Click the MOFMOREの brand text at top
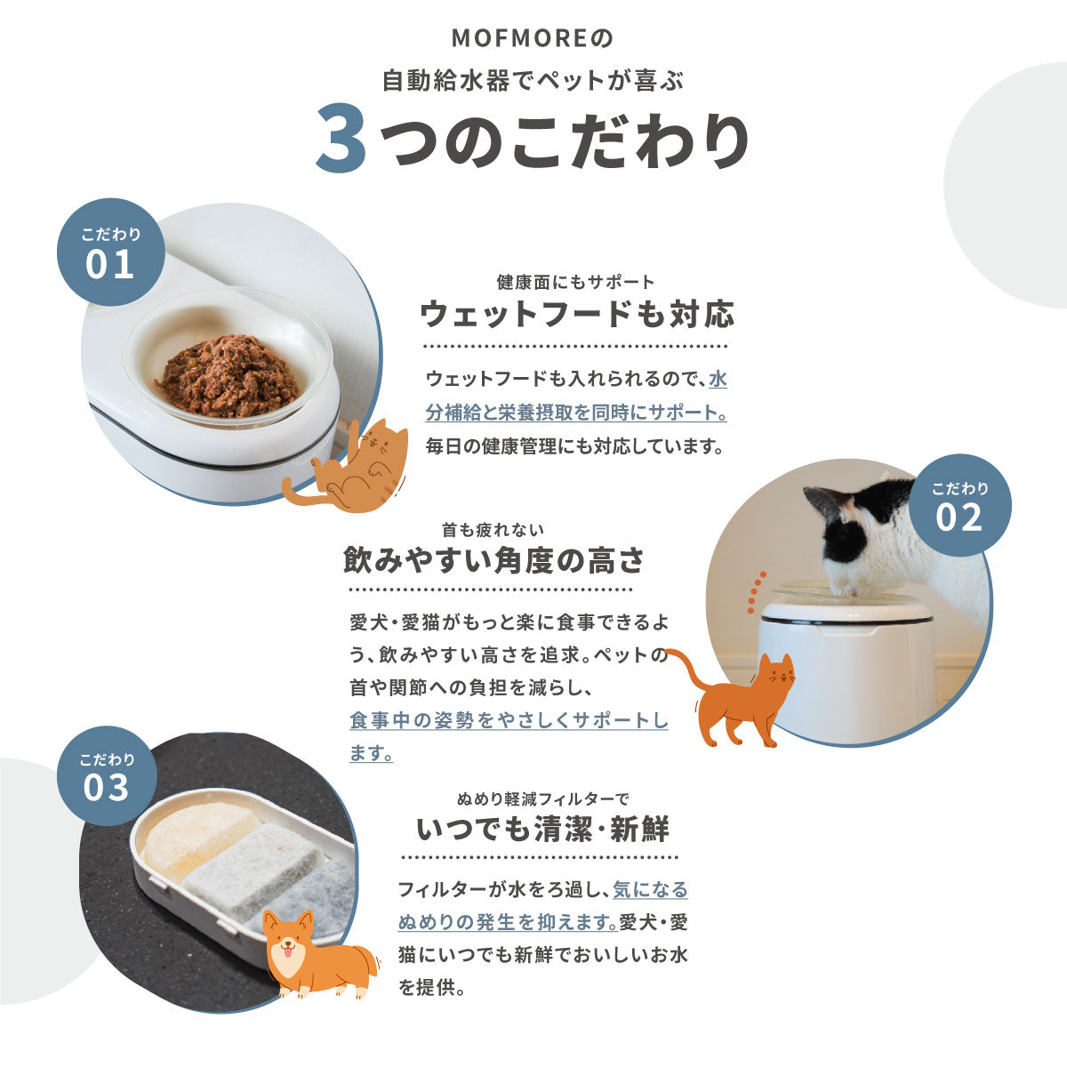point(533,39)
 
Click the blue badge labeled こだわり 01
point(110,253)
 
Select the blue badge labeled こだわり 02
point(959,505)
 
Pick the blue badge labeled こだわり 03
point(108,775)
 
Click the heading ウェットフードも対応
point(576,314)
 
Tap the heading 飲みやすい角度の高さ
point(493,560)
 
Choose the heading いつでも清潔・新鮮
point(542,829)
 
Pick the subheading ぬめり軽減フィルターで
point(542,798)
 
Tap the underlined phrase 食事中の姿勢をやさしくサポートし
point(509,719)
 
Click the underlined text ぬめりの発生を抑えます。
point(508,922)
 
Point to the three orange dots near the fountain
point(757,585)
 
